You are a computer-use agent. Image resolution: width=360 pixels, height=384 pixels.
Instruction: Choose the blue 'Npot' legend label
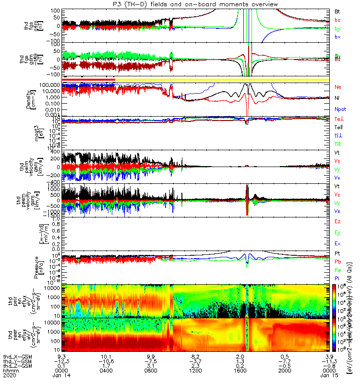[338, 108]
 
